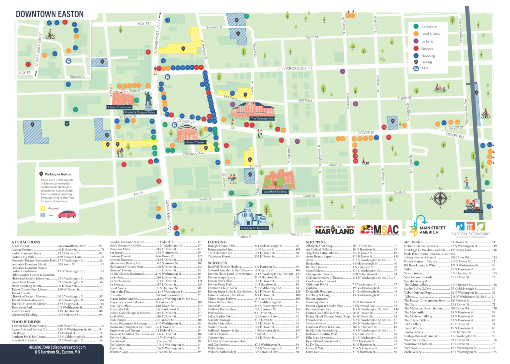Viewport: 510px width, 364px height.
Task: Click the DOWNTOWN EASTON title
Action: [x=50, y=14]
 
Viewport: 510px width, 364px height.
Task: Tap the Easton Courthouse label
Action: [x=119, y=107]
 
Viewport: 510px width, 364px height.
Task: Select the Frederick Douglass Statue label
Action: [x=140, y=112]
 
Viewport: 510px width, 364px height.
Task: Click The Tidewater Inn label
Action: [x=262, y=118]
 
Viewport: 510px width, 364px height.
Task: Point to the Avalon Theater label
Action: [x=195, y=142]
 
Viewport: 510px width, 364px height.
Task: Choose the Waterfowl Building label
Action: [x=275, y=191]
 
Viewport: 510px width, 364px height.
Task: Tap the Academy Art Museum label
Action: [x=254, y=228]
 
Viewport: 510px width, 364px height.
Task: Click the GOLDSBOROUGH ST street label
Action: [x=294, y=68]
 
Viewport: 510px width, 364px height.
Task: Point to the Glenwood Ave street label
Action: [x=193, y=154]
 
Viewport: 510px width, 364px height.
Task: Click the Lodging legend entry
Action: [x=427, y=41]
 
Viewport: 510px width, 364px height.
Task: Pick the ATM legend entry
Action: [x=425, y=68]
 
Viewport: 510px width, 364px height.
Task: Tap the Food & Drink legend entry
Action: [x=430, y=34]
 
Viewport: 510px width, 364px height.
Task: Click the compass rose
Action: [x=440, y=198]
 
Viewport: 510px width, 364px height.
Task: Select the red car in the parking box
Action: [x=66, y=214]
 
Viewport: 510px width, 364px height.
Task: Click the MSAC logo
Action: [x=379, y=230]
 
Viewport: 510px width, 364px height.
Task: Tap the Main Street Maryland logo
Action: [x=334, y=230]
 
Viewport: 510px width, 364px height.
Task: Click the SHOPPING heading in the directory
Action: [x=316, y=242]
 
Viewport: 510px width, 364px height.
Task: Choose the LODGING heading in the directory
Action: [x=217, y=242]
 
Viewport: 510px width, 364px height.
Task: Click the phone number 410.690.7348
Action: [x=39, y=347]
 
